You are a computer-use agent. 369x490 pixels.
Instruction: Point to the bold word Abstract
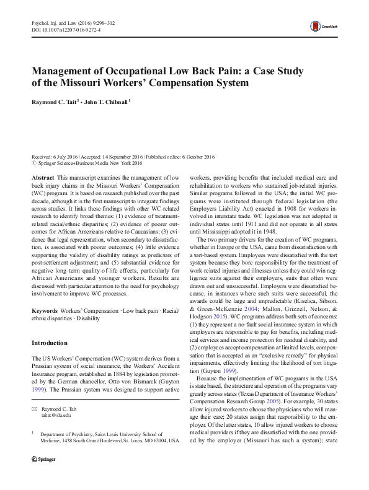[43, 177]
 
